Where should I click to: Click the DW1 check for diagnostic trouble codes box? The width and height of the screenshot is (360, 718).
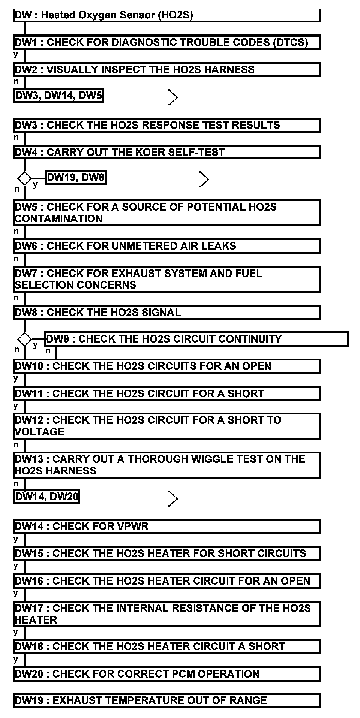166,42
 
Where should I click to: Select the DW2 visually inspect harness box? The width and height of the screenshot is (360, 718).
166,70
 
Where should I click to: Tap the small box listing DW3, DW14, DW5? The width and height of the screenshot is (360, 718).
58,96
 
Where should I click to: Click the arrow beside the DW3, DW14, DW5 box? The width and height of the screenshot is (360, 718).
172,97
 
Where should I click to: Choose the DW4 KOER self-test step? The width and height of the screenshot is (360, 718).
166,152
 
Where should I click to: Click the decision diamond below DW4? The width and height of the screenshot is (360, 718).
25,178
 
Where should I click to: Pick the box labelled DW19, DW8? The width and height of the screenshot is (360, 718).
76,177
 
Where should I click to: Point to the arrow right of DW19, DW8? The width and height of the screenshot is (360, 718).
204,179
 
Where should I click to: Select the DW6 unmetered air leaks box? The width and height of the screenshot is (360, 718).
166,246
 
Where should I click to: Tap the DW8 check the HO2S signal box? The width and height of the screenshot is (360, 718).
166,313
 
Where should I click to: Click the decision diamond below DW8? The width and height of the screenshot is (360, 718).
25,340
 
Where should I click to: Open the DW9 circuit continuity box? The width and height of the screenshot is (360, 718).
196,339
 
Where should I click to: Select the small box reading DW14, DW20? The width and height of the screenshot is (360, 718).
46,497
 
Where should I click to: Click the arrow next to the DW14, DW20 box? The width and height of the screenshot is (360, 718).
172,498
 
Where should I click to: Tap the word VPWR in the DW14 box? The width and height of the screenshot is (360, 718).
133,527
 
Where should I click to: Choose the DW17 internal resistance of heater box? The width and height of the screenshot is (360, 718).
166,614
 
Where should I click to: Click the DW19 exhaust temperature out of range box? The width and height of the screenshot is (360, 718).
166,700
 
